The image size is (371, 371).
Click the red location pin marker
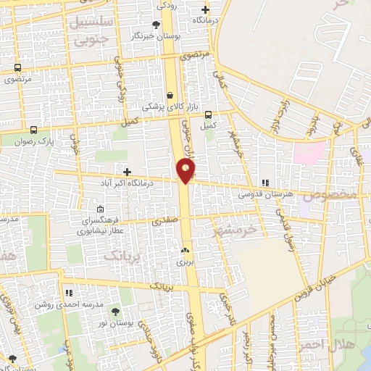(x=186, y=171)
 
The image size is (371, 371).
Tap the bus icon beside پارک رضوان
(x=33, y=131)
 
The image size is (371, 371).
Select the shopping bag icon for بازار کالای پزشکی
(x=170, y=95)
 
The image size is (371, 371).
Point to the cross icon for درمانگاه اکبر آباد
(x=128, y=172)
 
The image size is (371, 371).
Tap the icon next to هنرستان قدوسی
(x=265, y=183)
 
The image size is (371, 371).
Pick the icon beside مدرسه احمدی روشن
(x=69, y=293)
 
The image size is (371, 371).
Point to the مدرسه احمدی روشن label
(x=60, y=304)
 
